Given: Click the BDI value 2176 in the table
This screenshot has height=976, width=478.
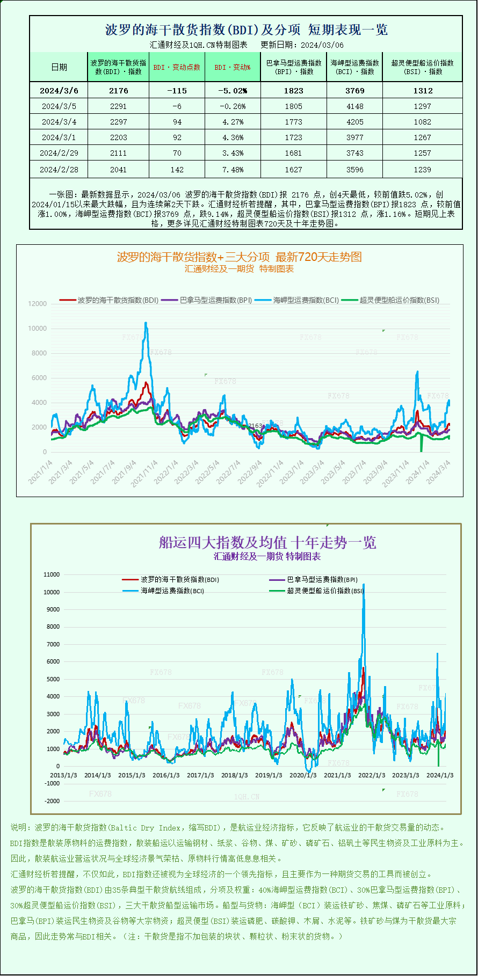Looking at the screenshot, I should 118,91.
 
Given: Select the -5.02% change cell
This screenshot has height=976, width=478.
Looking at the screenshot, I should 232,91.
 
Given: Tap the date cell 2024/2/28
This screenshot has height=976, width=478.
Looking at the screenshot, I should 59,170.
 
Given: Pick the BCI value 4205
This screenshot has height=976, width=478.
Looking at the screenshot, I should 354,122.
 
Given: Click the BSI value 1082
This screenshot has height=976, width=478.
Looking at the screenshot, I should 422,122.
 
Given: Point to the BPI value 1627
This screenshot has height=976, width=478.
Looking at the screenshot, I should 293,170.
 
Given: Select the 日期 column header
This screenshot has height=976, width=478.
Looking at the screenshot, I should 59,67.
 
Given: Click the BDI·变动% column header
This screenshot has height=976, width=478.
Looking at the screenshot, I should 232,67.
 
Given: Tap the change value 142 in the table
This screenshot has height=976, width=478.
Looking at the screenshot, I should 177,170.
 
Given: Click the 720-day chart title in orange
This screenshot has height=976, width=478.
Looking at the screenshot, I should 239,257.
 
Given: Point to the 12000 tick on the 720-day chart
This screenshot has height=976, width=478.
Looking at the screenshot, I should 37,304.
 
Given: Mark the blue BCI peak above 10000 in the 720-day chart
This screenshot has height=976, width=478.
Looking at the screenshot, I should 146,323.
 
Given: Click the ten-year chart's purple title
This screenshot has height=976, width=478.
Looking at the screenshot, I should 267,542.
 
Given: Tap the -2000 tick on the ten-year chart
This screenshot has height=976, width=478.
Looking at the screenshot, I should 52,801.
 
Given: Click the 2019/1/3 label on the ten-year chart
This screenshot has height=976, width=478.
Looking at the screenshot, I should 269,775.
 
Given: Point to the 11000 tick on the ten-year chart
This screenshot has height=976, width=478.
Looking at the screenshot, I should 52,574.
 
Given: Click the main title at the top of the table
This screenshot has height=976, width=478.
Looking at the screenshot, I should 246,30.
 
